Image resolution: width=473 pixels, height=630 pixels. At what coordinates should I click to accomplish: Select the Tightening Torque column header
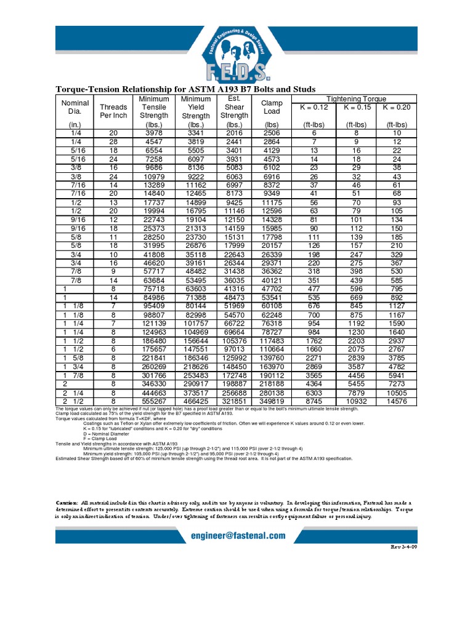coord(356,98)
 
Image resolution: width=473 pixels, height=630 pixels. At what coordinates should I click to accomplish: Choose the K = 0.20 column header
coord(397,107)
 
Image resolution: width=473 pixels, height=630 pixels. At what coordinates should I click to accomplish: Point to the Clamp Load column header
coord(271,107)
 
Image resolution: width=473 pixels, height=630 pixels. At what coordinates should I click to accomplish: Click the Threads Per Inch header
coord(113,111)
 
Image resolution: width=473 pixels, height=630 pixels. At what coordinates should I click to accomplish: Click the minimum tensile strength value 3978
coord(154,133)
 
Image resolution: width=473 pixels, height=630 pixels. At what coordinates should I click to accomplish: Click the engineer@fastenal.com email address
coord(236,536)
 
